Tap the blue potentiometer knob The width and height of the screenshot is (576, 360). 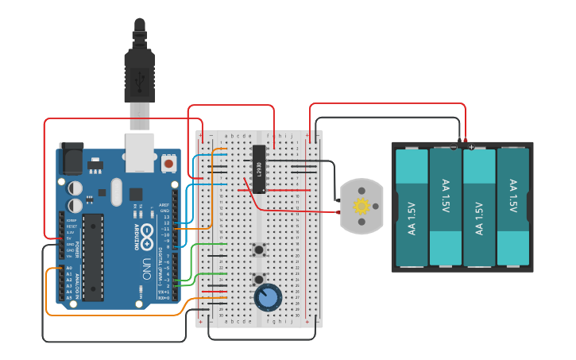[268, 298]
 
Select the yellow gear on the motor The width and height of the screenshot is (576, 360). [361, 207]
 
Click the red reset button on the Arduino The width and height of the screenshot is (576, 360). [168, 163]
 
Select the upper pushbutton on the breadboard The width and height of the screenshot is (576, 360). [258, 250]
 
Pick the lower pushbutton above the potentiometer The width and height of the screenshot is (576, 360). [258, 279]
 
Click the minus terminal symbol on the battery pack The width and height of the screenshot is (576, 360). [454, 147]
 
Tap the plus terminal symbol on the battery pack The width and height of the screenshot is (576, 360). [471, 147]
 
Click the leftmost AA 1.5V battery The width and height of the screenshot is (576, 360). [412, 208]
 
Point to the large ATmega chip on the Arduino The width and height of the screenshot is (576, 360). [93, 252]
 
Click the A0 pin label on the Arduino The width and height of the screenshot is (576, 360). [68, 269]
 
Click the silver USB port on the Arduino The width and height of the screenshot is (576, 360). [141, 152]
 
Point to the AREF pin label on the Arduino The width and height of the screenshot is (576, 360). [164, 204]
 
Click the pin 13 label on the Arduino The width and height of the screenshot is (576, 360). [166, 216]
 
